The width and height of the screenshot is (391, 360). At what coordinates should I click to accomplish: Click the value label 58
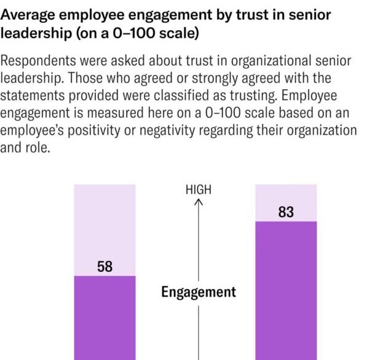[105, 267]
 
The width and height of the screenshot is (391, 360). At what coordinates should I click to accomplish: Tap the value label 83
[286, 212]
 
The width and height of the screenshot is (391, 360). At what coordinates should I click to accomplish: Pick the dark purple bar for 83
[286, 289]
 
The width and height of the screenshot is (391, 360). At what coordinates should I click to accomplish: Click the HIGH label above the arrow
[198, 190]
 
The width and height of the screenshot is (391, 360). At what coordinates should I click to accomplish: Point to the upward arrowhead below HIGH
[199, 202]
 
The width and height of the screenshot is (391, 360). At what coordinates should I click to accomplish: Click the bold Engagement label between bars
[199, 292]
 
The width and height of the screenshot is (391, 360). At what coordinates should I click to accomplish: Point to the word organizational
[251, 62]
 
